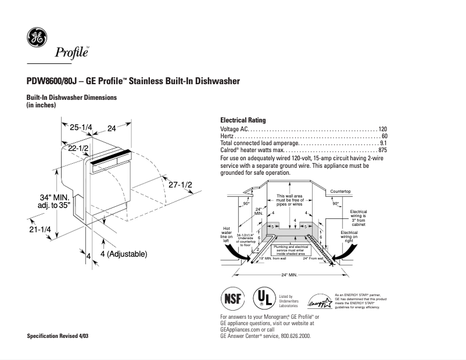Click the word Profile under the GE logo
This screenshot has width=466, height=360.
[x=71, y=53]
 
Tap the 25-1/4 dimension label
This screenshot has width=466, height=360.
[x=81, y=128]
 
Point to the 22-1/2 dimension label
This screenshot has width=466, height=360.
[x=78, y=149]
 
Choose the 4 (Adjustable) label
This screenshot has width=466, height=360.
[x=123, y=254]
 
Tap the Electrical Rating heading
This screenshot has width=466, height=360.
[x=243, y=120]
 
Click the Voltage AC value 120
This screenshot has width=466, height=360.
[x=382, y=128]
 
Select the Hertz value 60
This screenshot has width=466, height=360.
[x=384, y=136]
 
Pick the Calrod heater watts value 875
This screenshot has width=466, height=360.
[x=382, y=150]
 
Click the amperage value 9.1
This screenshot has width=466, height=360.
[x=383, y=143]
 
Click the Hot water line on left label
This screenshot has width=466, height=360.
[x=227, y=233]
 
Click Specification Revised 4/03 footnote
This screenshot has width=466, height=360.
[x=58, y=337]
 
